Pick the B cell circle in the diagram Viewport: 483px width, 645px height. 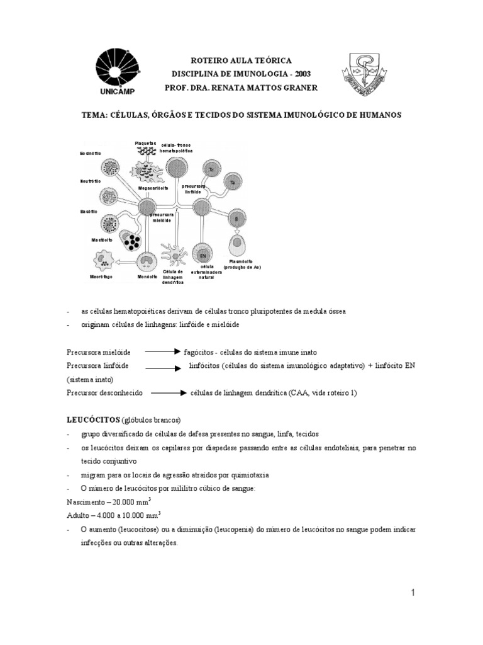(x=236, y=218)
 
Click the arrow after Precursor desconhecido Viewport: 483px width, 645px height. (x=169, y=392)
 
